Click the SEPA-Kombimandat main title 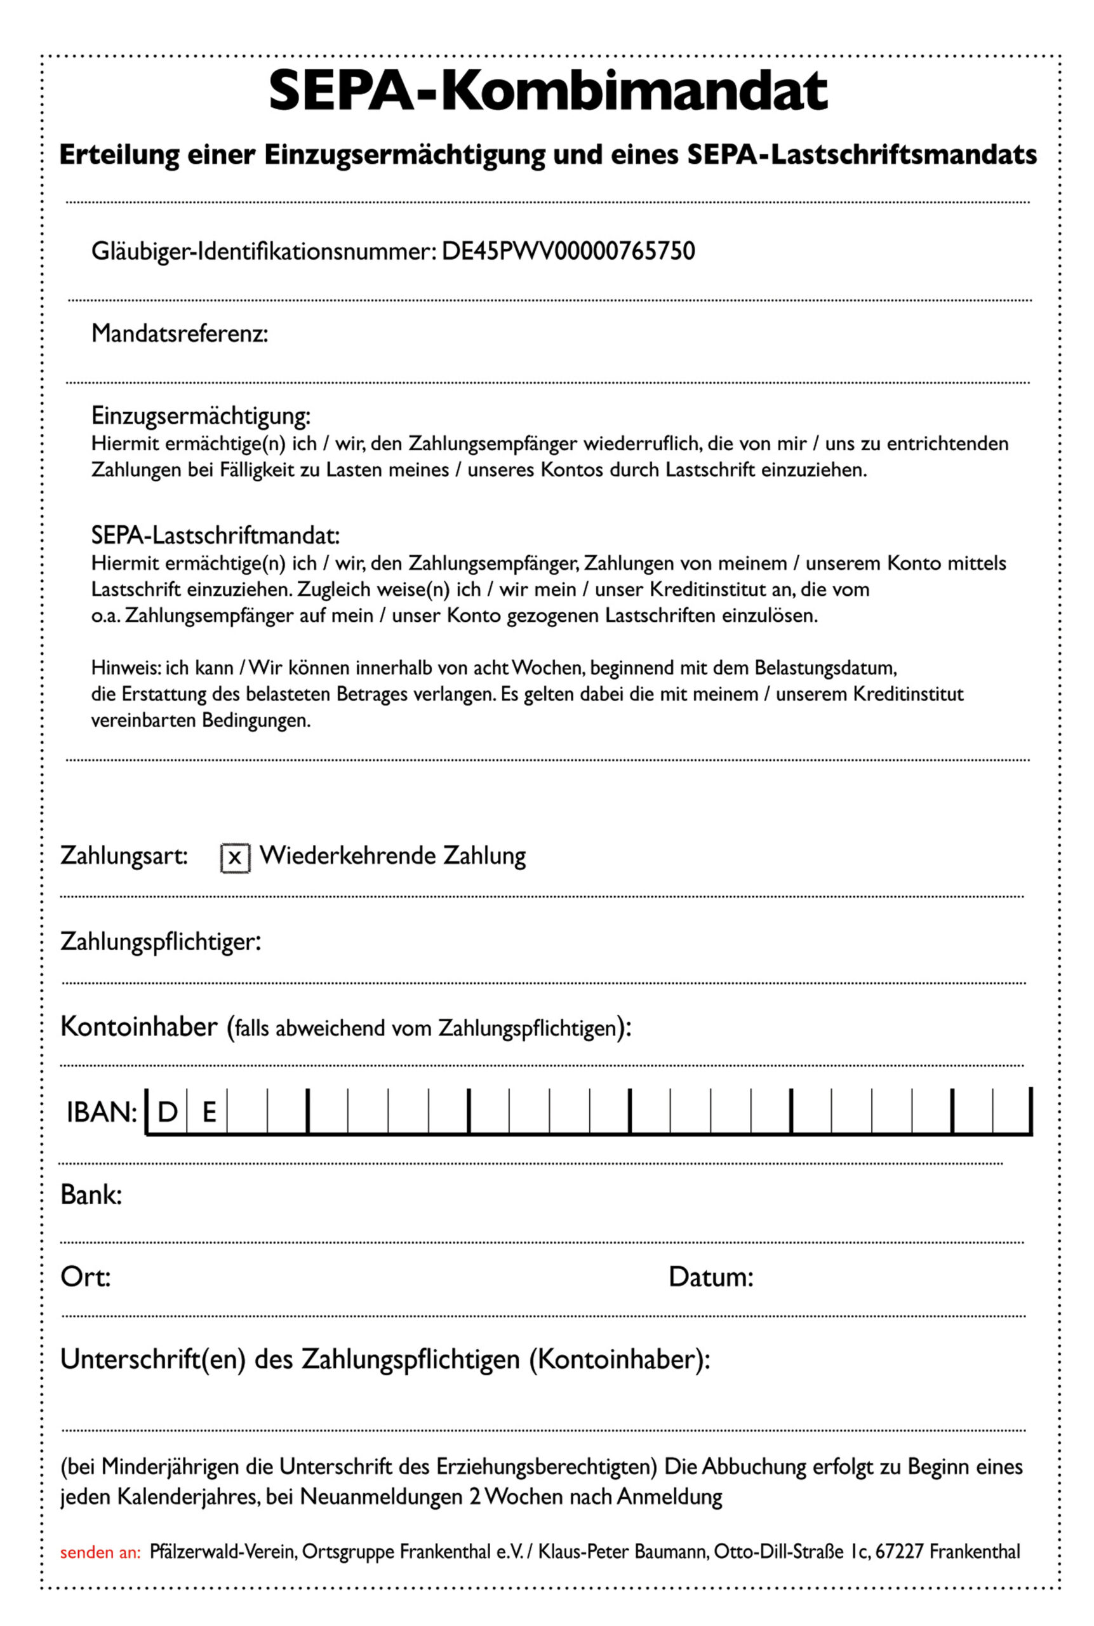tap(548, 91)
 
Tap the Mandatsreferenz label tap(179, 333)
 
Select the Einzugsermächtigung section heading tap(200, 416)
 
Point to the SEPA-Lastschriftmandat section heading tap(215, 536)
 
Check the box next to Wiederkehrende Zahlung tap(234, 857)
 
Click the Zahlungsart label tap(123, 856)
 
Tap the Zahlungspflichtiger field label tap(161, 941)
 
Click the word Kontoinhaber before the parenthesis tap(139, 1026)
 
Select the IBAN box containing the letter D tap(167, 1112)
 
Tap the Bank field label tap(91, 1195)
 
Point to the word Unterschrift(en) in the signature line tap(153, 1359)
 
